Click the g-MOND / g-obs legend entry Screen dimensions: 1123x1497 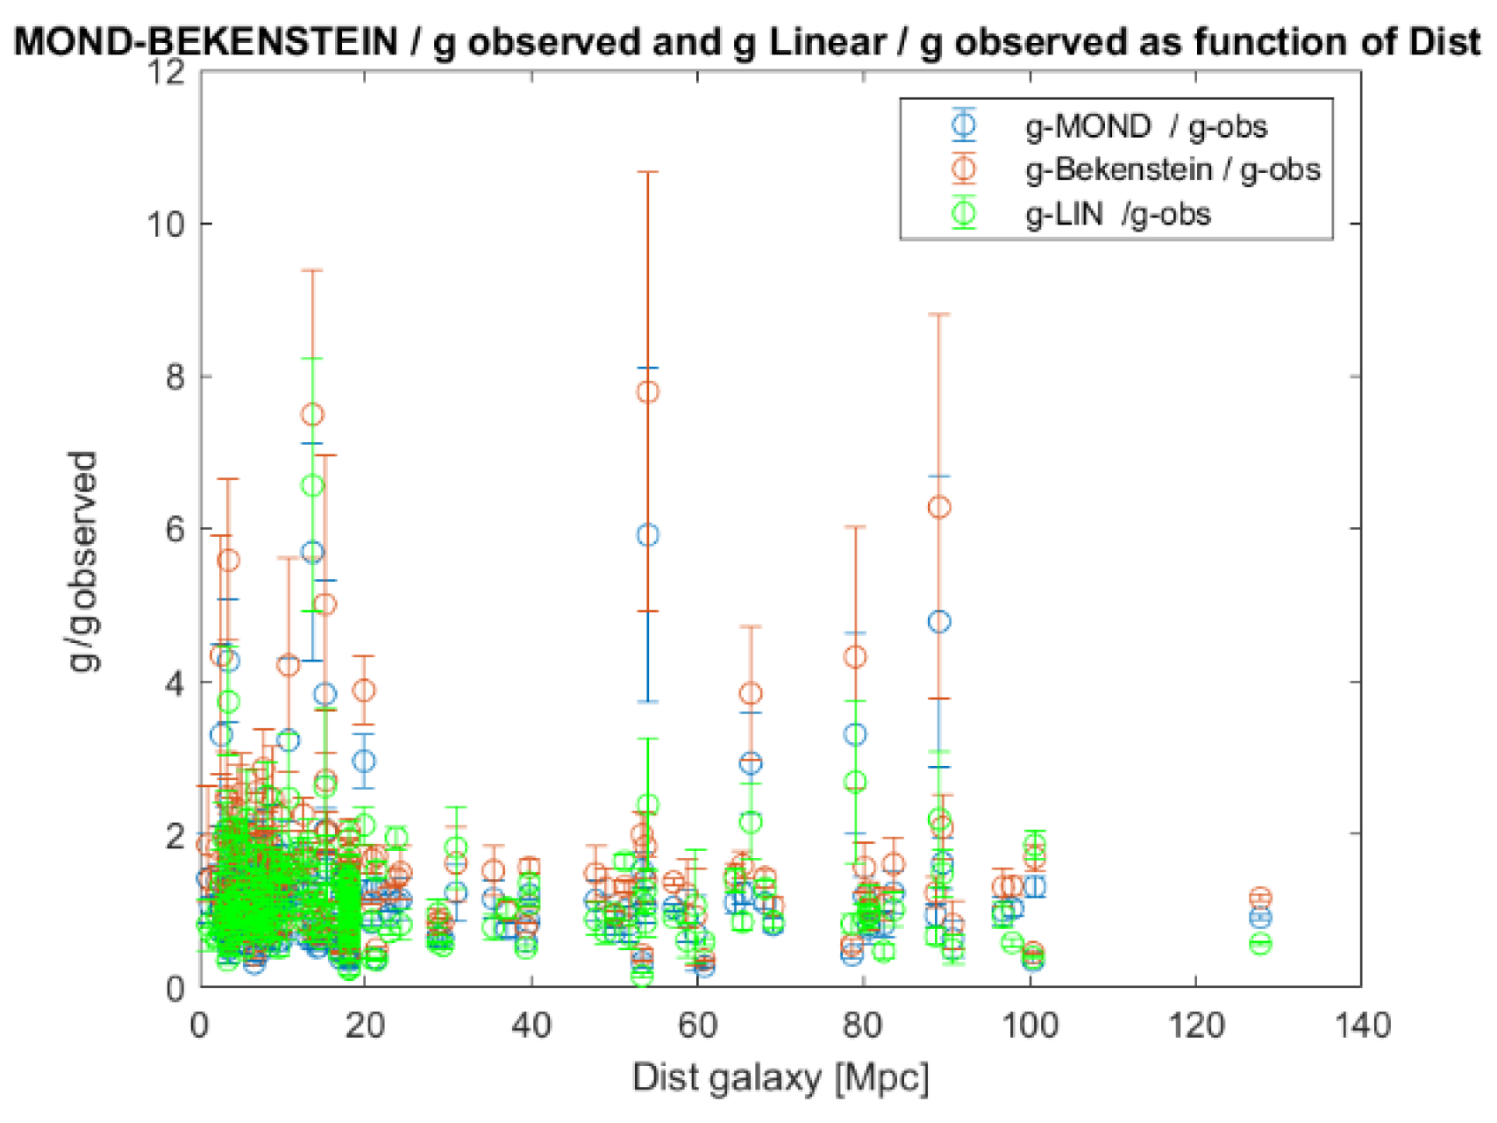pyautogui.click(x=1145, y=126)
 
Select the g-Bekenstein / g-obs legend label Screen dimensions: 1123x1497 pyautogui.click(x=1173, y=169)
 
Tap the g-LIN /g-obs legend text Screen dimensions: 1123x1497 pyautogui.click(x=1118, y=214)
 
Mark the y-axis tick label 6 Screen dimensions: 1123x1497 pyautogui.click(x=175, y=529)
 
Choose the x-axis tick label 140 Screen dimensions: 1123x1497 pyautogui.click(x=1359, y=1025)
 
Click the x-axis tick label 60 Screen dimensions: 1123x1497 pyautogui.click(x=697, y=1025)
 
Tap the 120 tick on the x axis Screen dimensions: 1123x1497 pyautogui.click(x=1194, y=1025)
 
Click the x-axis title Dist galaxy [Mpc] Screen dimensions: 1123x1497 pyautogui.click(x=780, y=1077)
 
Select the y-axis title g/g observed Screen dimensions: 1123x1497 pyautogui.click(x=83, y=561)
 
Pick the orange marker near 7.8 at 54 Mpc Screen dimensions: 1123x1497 pyautogui.click(x=647, y=392)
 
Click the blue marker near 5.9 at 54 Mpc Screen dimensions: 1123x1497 pyautogui.click(x=647, y=535)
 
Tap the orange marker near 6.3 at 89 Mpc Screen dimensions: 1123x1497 pyautogui.click(x=939, y=507)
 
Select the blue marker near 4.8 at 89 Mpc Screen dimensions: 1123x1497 pyautogui.click(x=939, y=622)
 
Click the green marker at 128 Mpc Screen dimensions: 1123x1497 pyautogui.click(x=1260, y=944)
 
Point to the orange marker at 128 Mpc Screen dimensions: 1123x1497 pyautogui.click(x=1260, y=898)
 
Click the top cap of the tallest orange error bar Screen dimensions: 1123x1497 pyautogui.click(x=647, y=173)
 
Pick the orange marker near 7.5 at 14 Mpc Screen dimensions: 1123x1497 pyautogui.click(x=312, y=414)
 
